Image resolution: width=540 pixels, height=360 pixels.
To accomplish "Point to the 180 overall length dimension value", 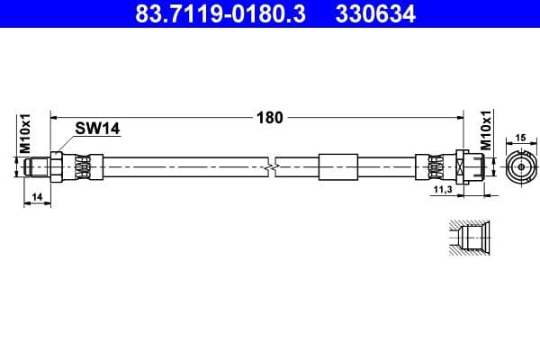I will [x=270, y=117].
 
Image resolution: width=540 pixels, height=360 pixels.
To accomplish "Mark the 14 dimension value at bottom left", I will [x=36, y=196].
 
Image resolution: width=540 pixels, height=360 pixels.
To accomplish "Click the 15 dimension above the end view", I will [x=520, y=138].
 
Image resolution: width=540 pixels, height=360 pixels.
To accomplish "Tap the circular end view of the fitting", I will [x=520, y=167].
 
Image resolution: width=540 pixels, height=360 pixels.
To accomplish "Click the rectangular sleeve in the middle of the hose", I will [x=337, y=167].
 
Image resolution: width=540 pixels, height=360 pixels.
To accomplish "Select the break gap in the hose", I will [x=272, y=167].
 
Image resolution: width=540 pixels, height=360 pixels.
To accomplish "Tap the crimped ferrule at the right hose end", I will [x=433, y=167].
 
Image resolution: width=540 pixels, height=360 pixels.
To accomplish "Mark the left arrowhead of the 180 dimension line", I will [x=55, y=117].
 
